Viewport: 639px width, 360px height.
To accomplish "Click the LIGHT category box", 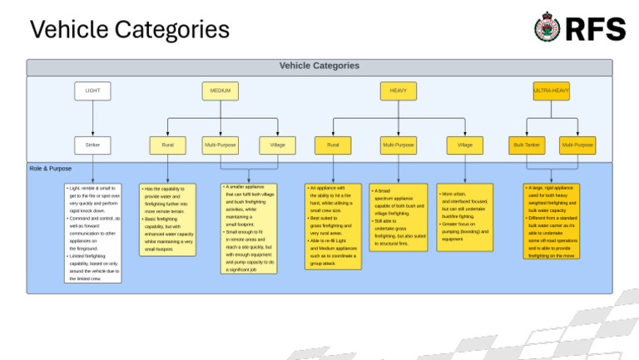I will click(92, 91).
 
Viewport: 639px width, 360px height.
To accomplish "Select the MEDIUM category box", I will click(220, 91).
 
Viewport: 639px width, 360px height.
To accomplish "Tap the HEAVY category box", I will click(398, 91).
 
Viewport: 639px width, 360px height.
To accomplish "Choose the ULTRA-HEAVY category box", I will click(551, 91).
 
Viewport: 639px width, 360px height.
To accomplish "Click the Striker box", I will click(92, 145).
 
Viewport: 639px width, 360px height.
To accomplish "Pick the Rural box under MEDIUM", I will click(168, 145).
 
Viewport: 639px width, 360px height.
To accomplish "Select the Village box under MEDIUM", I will click(277, 145).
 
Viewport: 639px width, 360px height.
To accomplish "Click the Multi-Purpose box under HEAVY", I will click(399, 145).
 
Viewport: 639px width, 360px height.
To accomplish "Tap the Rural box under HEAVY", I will click(333, 145).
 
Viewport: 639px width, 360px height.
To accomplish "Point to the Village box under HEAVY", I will click(464, 145).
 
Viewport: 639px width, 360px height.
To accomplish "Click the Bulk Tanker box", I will click(526, 145).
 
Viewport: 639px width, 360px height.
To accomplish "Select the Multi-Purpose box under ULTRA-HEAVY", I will click(577, 145).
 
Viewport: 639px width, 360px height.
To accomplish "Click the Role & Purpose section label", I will click(51, 169).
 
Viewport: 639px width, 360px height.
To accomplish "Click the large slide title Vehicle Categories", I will click(129, 30).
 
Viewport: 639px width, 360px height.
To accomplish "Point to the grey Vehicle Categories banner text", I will click(319, 66).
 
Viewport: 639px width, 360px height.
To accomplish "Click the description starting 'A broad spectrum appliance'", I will click(399, 217).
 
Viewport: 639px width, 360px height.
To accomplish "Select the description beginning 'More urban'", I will click(464, 217).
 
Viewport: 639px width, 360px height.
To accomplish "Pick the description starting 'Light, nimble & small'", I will click(92, 233).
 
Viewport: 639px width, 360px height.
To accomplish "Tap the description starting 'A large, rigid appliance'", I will click(551, 221).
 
